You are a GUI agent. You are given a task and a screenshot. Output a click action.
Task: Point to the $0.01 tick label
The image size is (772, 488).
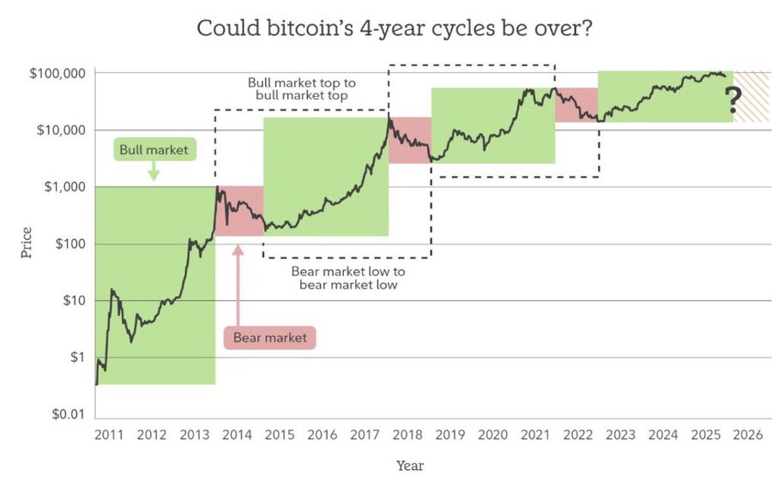click(68, 415)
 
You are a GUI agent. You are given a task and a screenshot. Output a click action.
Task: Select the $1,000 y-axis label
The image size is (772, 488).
click(63, 187)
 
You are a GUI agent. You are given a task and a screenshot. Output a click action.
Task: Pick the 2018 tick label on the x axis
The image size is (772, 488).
click(407, 435)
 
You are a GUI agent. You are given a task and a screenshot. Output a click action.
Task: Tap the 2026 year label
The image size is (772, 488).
click(749, 435)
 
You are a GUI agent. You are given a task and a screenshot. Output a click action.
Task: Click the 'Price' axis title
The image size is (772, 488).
click(27, 243)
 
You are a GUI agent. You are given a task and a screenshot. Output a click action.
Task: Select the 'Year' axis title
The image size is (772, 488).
click(409, 466)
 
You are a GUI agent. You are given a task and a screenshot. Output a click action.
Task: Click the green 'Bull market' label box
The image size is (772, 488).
click(153, 150)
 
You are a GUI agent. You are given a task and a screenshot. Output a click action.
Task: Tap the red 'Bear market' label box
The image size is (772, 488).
click(269, 337)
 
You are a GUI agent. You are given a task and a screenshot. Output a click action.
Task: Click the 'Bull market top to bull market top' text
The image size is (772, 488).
click(301, 89)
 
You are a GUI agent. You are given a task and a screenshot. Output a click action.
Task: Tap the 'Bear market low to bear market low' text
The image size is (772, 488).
click(347, 278)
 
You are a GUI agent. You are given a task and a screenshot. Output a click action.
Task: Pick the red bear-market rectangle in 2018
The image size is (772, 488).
click(410, 140)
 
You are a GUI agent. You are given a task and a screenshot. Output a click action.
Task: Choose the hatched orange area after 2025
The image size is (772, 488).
click(752, 96)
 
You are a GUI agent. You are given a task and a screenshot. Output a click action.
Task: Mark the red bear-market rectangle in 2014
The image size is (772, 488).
click(238, 211)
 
